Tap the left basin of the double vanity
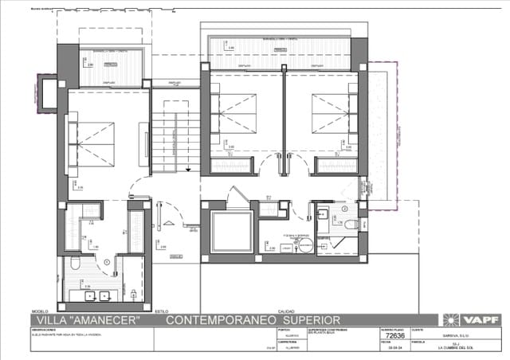coord(88,295)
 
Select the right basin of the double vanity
coord(106,295)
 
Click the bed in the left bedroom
coord(93,143)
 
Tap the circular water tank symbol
coord(305,246)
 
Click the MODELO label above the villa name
coord(40,311)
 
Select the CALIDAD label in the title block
coord(285,311)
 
